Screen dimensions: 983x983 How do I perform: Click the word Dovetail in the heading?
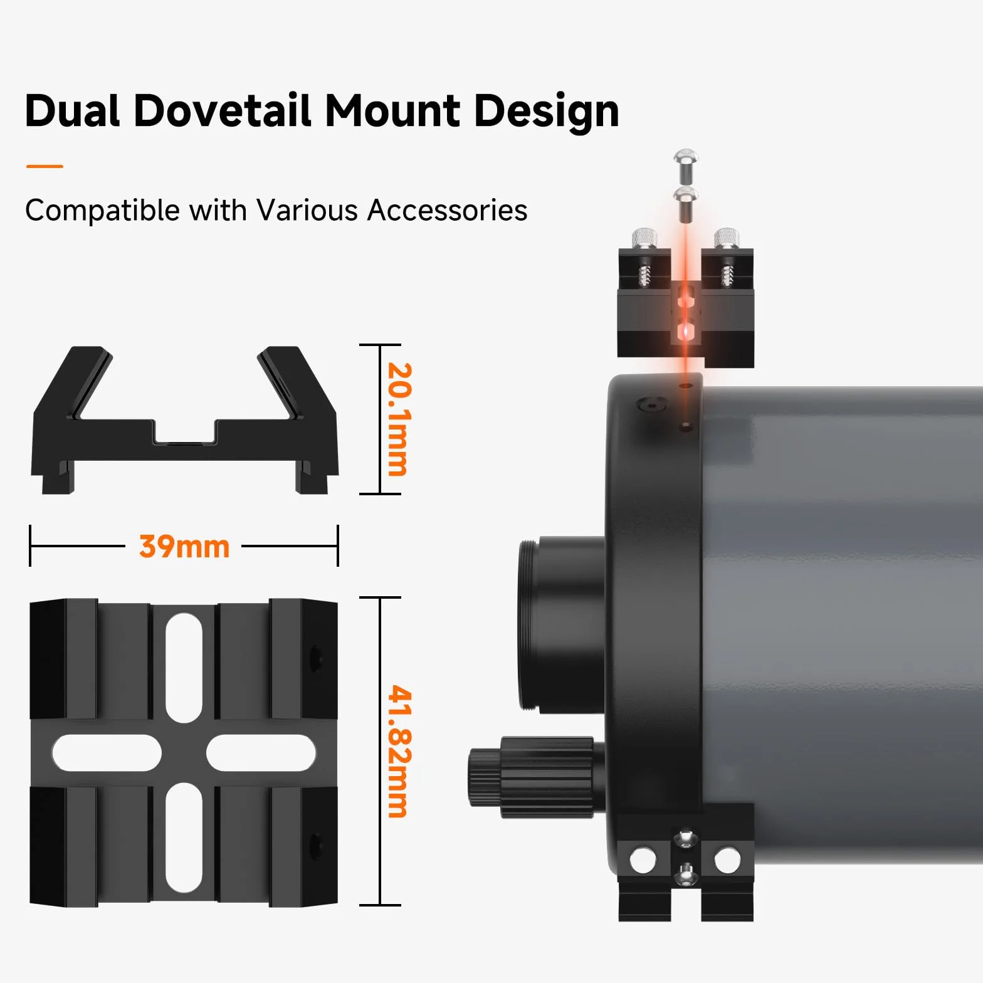[223, 111]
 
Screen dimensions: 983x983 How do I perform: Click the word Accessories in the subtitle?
[447, 210]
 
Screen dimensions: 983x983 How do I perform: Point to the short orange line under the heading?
[45, 166]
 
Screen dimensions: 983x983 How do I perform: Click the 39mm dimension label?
[184, 547]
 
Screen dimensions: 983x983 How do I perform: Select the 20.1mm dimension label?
[398, 419]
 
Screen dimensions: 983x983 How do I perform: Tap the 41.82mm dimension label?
[399, 751]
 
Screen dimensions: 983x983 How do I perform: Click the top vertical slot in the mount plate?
[184, 668]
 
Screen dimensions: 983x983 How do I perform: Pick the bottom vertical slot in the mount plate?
[184, 838]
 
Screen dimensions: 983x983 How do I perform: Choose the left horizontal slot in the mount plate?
[107, 752]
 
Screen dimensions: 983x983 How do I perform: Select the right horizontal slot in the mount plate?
[261, 752]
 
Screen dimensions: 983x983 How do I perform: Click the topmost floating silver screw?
[686, 166]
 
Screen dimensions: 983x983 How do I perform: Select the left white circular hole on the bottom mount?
[643, 860]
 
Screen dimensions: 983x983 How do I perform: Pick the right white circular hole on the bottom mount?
[727, 860]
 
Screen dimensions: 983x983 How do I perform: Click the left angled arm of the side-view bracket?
[72, 384]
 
